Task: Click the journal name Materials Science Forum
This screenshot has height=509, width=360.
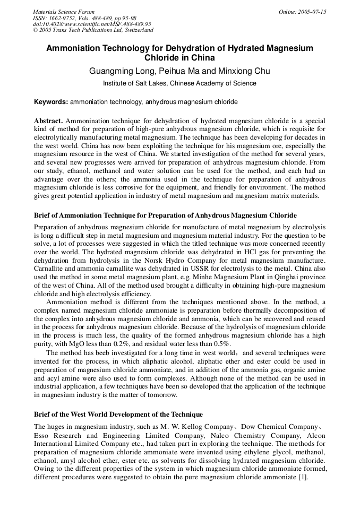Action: [64, 12]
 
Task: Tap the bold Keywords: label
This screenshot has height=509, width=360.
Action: [51, 101]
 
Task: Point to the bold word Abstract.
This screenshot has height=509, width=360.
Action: [48, 121]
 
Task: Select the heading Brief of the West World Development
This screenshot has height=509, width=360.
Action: [118, 414]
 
